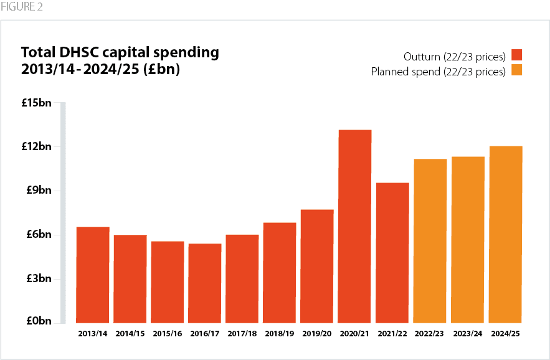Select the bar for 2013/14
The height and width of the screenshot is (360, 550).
coord(93,275)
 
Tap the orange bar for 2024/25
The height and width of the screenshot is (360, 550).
coord(505,234)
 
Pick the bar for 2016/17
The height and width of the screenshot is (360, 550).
coord(205,283)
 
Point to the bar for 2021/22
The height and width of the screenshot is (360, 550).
coord(392,252)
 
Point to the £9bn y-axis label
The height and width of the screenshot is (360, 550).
coord(39,191)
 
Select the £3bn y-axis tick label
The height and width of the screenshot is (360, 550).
coord(39,278)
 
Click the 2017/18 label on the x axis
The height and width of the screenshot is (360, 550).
coord(242,334)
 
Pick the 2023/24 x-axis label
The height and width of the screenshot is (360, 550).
coord(467,334)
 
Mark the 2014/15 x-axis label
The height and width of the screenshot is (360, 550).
coord(130,334)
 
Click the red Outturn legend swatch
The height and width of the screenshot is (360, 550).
coord(516,54)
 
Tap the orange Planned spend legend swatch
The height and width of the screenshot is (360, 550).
coord(516,70)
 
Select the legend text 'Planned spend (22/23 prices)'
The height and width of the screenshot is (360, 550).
coord(438,71)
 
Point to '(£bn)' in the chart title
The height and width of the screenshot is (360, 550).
coord(161,69)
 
